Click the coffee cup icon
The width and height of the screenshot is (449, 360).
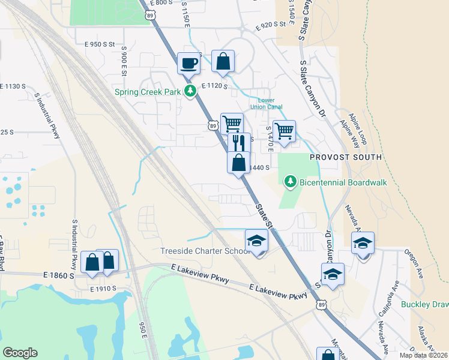[x=188, y=63]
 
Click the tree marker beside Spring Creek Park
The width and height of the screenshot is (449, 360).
[x=191, y=92]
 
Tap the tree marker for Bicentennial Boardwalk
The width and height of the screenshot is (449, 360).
[x=291, y=181]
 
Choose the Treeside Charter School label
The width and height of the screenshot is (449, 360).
[x=205, y=251]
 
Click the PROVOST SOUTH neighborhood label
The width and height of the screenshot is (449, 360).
[x=346, y=157]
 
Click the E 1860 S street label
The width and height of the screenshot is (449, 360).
[x=59, y=275]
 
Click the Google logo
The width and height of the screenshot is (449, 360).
[x=20, y=353]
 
